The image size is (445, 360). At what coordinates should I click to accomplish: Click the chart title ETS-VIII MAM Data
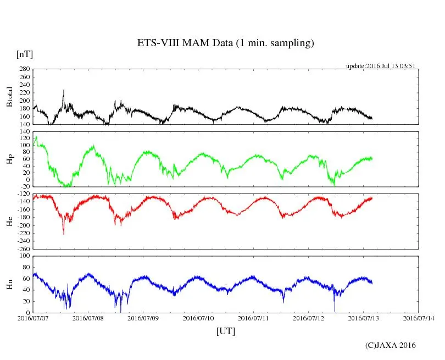point(225,43)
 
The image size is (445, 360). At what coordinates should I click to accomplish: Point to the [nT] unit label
point(24,54)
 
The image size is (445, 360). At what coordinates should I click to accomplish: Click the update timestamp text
point(380,66)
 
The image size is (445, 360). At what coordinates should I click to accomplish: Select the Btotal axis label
point(9,97)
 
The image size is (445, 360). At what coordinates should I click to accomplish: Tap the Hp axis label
point(9,159)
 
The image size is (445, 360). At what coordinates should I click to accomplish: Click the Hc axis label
point(9,221)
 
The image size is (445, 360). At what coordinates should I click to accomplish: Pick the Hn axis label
point(9,284)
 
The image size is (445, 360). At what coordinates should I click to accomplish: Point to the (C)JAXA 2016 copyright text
point(391,345)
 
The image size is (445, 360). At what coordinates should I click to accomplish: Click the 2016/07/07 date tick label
point(33,318)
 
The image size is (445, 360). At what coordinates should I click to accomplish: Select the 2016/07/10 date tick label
point(198,318)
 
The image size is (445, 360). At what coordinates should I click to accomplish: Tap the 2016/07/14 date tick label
point(419,318)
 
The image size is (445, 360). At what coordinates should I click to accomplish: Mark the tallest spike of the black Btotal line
point(64,90)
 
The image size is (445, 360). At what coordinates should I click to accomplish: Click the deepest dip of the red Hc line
point(63,235)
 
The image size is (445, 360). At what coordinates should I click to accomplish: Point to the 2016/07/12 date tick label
point(309,318)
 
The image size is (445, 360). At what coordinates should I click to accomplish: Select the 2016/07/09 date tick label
point(143,318)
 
